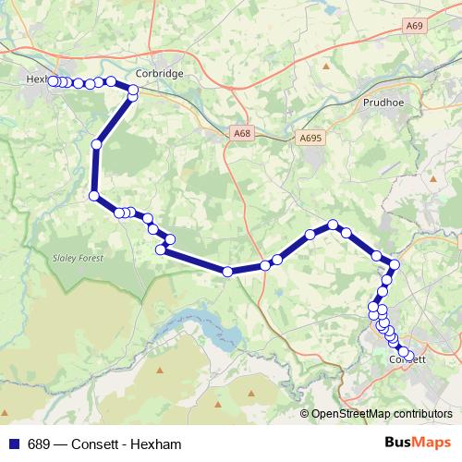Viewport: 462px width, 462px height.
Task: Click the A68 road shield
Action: (x=242, y=134)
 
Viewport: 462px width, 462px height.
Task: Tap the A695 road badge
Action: (x=311, y=138)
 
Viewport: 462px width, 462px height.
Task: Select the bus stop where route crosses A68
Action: (x=227, y=271)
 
